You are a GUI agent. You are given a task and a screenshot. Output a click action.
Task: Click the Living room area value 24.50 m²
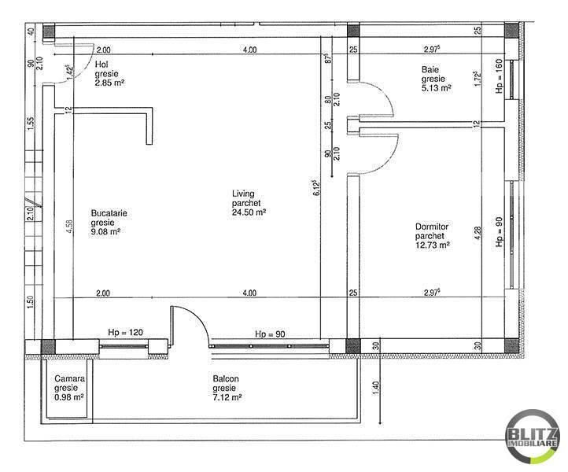pyautogui.click(x=249, y=212)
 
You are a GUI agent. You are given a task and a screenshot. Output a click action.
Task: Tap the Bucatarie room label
pyautogui.click(x=109, y=213)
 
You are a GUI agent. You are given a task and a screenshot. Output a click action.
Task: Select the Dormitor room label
pyautogui.click(x=432, y=227)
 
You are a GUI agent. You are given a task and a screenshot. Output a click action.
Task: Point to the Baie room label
pyautogui.click(x=430, y=69)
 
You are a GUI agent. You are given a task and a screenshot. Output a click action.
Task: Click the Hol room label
pyautogui.click(x=101, y=65)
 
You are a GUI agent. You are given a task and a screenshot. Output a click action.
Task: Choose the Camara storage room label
pyautogui.click(x=70, y=378)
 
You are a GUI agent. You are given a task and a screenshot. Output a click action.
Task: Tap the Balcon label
pyautogui.click(x=226, y=379)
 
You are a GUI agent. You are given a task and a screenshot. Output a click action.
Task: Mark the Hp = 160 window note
pyautogui.click(x=500, y=76)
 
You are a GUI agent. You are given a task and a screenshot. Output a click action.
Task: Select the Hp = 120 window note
pyautogui.click(x=125, y=332)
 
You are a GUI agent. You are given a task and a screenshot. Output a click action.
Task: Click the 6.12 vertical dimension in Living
pyautogui.click(x=316, y=188)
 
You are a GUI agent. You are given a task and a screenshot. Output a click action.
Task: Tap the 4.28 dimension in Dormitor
pyautogui.click(x=478, y=233)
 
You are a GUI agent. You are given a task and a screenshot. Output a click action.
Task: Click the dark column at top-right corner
pyautogui.click(x=511, y=31)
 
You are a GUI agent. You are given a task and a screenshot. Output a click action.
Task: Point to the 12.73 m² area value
pyautogui.click(x=433, y=245)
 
